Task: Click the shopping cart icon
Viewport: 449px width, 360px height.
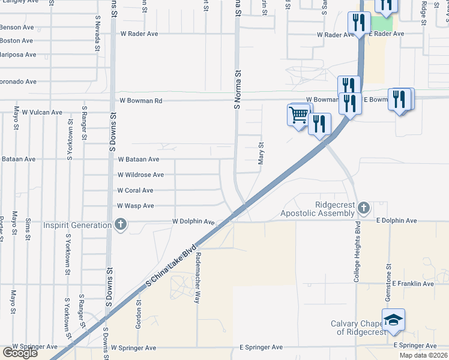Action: click(298, 114)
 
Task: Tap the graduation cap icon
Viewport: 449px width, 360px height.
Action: click(393, 320)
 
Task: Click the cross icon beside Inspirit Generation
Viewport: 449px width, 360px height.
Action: click(121, 225)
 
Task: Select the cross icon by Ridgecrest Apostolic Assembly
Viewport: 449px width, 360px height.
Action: click(363, 208)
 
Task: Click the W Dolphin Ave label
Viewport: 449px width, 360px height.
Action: click(194, 221)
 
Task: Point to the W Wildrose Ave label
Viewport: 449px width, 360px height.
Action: click(140, 175)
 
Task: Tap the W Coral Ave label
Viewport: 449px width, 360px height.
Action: click(135, 190)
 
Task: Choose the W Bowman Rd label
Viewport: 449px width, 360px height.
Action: click(141, 101)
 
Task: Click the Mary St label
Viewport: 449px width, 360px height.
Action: click(261, 153)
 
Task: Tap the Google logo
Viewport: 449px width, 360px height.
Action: click(20, 353)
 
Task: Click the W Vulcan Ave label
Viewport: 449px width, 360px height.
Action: click(42, 112)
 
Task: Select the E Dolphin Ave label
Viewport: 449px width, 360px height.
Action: click(396, 221)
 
